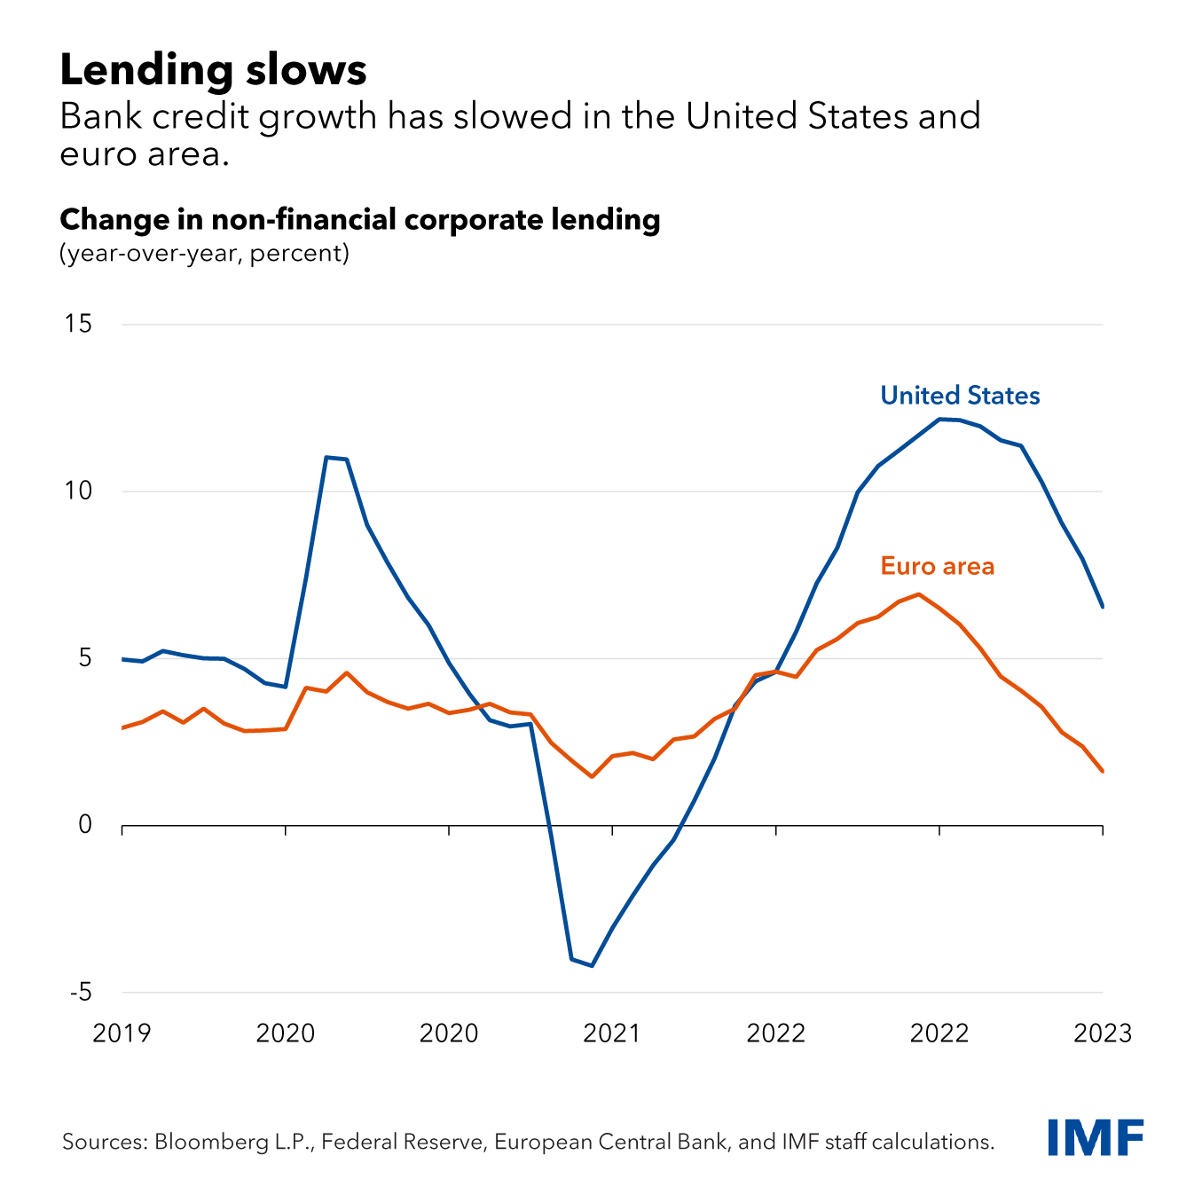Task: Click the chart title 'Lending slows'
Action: point(213,71)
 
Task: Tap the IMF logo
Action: point(1096,1137)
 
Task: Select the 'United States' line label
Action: point(960,396)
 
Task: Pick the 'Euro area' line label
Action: point(937,566)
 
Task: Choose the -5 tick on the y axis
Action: point(79,992)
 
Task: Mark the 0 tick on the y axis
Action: point(85,825)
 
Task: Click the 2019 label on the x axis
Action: point(122,1033)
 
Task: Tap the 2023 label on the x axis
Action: point(1103,1033)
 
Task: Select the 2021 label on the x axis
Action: point(612,1033)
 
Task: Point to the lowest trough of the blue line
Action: point(592,966)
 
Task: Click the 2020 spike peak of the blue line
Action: point(326,457)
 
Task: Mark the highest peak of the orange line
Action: point(918,594)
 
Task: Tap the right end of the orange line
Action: point(1103,772)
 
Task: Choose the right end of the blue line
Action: point(1103,607)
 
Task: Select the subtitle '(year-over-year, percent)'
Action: point(204,254)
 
